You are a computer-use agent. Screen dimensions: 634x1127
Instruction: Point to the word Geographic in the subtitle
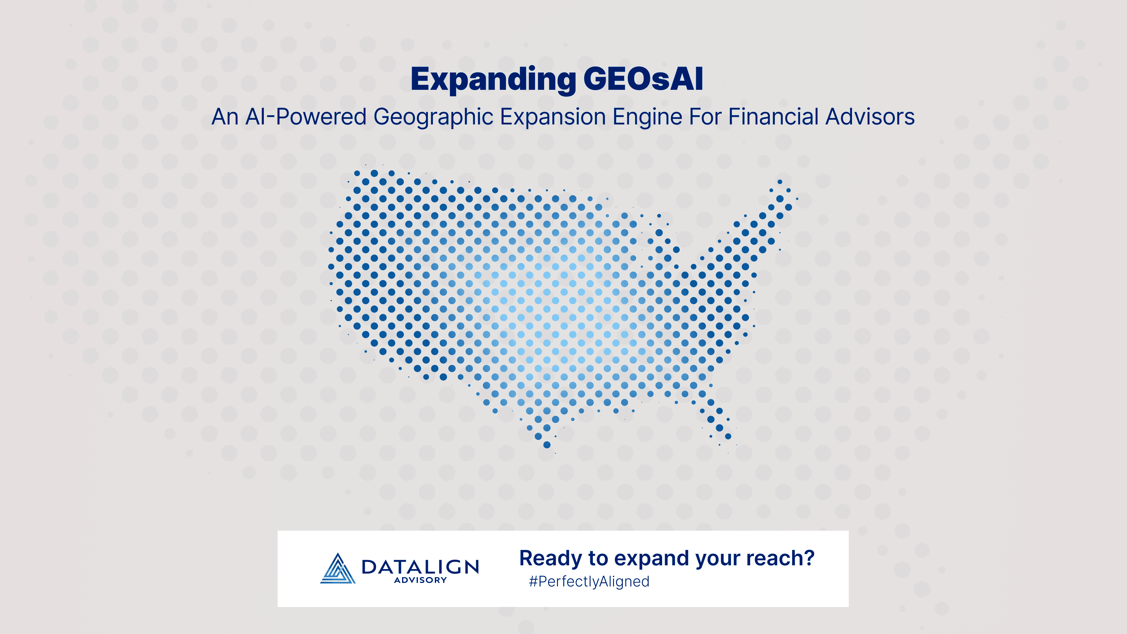(433, 118)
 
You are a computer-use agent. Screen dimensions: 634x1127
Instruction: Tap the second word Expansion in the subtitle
(553, 118)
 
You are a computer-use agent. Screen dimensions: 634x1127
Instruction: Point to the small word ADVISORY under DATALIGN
(420, 580)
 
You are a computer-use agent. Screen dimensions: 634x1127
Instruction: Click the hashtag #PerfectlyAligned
(589, 581)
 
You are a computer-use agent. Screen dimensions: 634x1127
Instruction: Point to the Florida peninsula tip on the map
(728, 436)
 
